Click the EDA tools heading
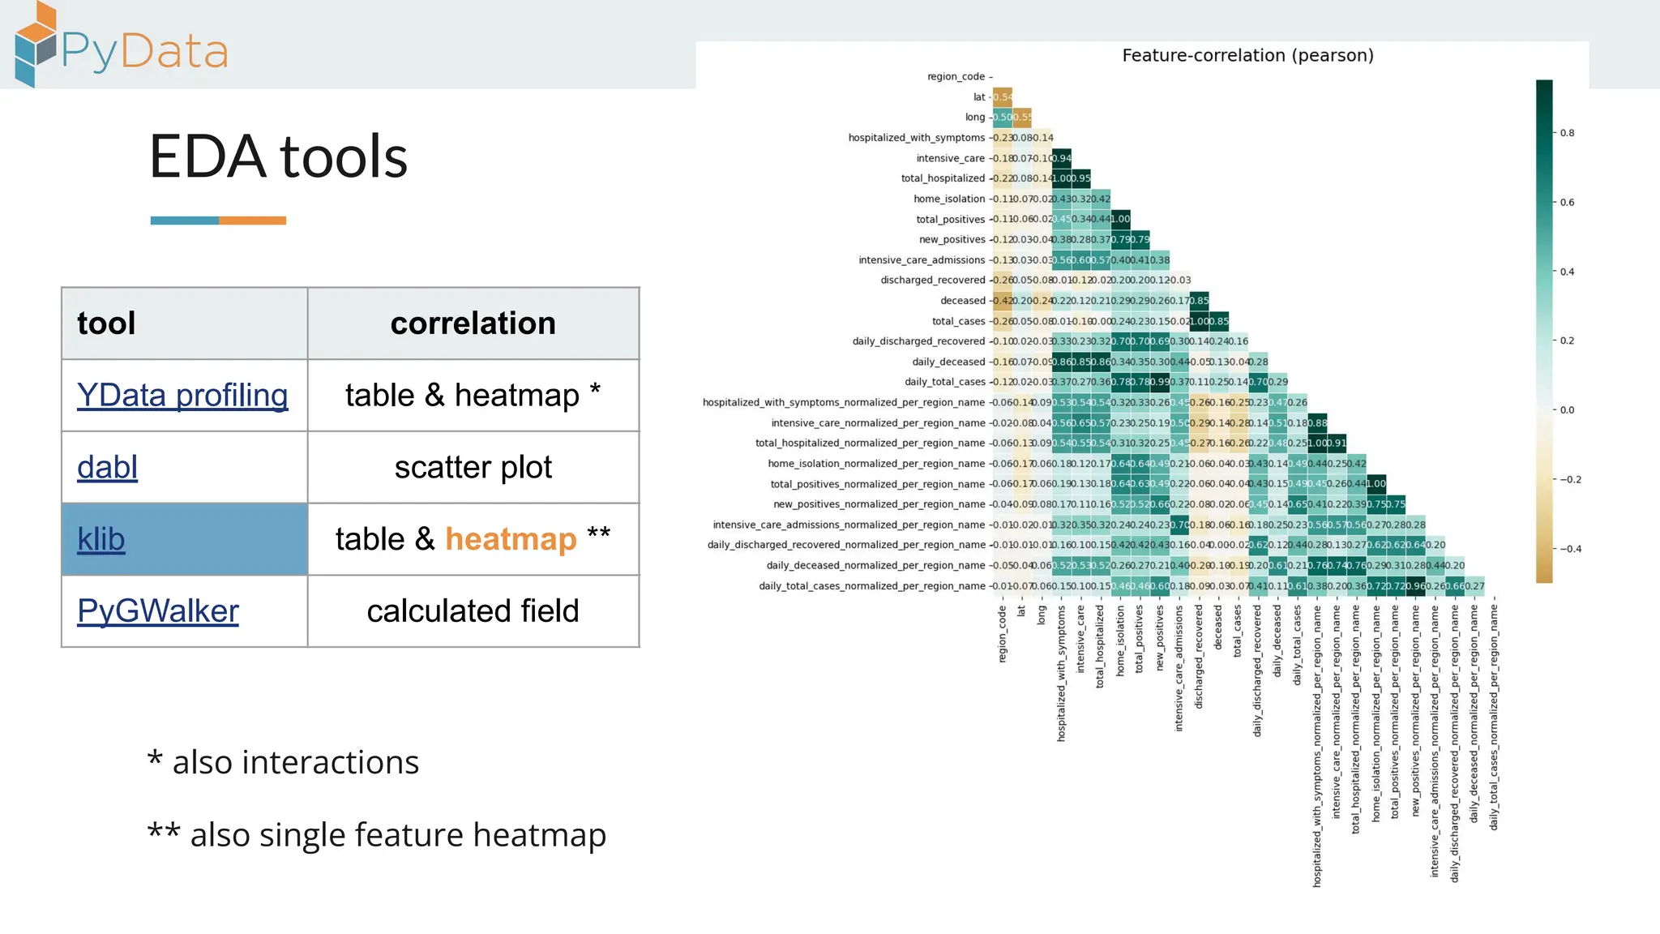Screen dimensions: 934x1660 coord(278,156)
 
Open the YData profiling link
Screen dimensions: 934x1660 coord(182,396)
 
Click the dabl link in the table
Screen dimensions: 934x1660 coord(107,468)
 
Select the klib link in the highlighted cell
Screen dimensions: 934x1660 coord(101,539)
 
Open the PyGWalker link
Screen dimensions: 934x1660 coord(158,611)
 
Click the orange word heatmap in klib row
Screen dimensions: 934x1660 coord(511,539)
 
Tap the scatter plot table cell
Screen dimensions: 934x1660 coord(473,468)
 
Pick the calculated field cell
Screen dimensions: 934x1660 coord(473,611)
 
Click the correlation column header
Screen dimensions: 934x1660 coord(473,323)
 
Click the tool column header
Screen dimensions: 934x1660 coord(106,323)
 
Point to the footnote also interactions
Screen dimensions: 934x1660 coord(284,762)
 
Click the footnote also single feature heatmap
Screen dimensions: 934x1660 coord(377,835)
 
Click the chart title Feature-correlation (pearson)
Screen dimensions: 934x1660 coord(1247,55)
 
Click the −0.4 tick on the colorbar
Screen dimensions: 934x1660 coord(1571,549)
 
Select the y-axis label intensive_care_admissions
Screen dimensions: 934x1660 coord(922,260)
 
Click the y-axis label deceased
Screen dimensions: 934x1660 coord(962,301)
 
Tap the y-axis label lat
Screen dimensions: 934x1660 coord(979,97)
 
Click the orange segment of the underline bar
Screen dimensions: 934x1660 coord(252,221)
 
